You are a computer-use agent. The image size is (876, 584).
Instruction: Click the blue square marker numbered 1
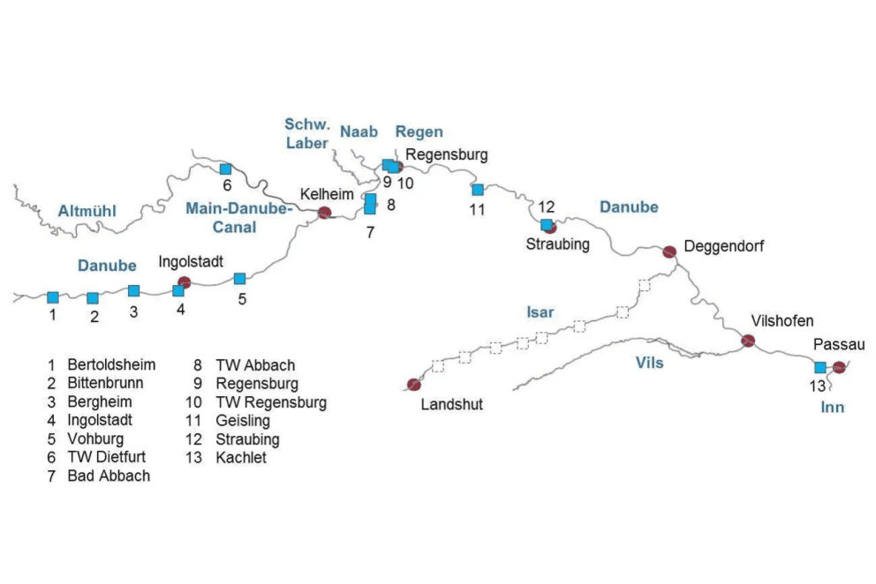(52, 297)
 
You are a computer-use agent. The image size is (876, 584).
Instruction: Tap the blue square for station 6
(225, 168)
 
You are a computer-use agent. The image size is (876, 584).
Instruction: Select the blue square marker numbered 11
(478, 190)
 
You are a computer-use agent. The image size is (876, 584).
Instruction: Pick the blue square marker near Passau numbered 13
(819, 367)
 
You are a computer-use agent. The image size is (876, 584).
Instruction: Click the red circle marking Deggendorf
(669, 251)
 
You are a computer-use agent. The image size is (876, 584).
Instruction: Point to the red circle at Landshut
(412, 384)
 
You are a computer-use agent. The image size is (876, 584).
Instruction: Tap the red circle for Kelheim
(324, 212)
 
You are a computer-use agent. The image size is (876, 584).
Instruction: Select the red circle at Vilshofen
(748, 340)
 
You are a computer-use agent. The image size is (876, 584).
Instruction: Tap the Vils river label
(649, 363)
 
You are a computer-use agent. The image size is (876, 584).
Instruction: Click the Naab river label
(359, 132)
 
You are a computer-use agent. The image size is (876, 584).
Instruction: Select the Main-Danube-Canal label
(237, 218)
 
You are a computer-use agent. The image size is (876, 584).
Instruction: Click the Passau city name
(839, 344)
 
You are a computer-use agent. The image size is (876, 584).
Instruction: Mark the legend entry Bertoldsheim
(110, 364)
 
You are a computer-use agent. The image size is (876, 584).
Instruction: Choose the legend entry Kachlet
(240, 458)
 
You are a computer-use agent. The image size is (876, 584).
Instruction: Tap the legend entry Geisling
(242, 421)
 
